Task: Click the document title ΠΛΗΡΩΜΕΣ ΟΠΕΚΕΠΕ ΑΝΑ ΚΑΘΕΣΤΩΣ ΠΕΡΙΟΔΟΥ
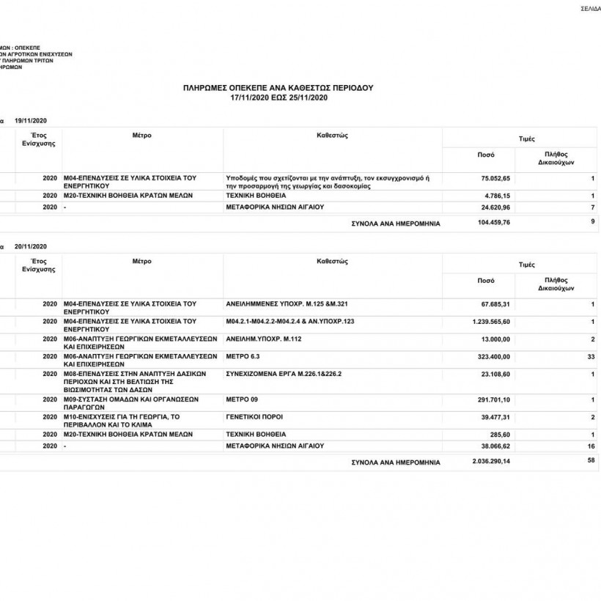(x=278, y=88)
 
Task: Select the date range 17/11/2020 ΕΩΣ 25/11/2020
(x=278, y=97)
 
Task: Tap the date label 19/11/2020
(x=30, y=119)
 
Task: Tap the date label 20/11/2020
(x=30, y=246)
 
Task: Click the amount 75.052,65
(x=495, y=178)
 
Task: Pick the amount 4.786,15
(x=497, y=196)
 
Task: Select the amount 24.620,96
(x=495, y=208)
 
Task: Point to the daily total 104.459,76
(x=494, y=223)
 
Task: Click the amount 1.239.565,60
(x=491, y=322)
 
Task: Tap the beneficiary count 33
(x=591, y=356)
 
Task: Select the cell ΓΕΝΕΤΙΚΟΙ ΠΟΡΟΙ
(x=254, y=417)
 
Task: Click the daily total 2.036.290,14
(x=491, y=462)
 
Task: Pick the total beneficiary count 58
(x=591, y=460)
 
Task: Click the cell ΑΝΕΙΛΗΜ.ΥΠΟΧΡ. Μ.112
(x=264, y=339)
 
